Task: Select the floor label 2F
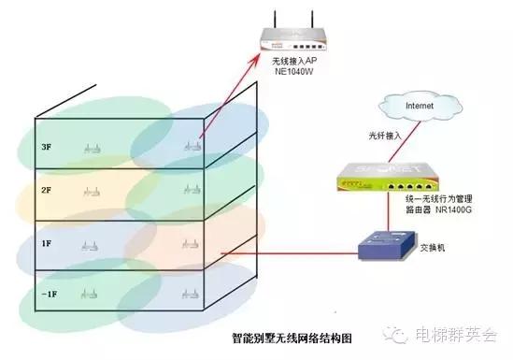tap(45, 190)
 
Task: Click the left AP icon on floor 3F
tap(91, 147)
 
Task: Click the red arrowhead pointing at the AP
tap(256, 55)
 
